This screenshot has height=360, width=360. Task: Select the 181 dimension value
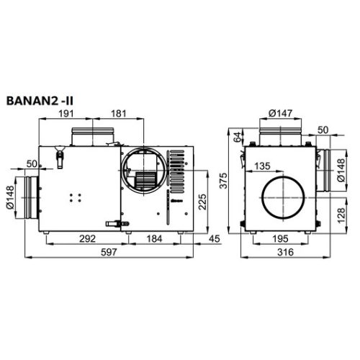click(119, 113)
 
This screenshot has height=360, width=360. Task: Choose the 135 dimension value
click(263, 166)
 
